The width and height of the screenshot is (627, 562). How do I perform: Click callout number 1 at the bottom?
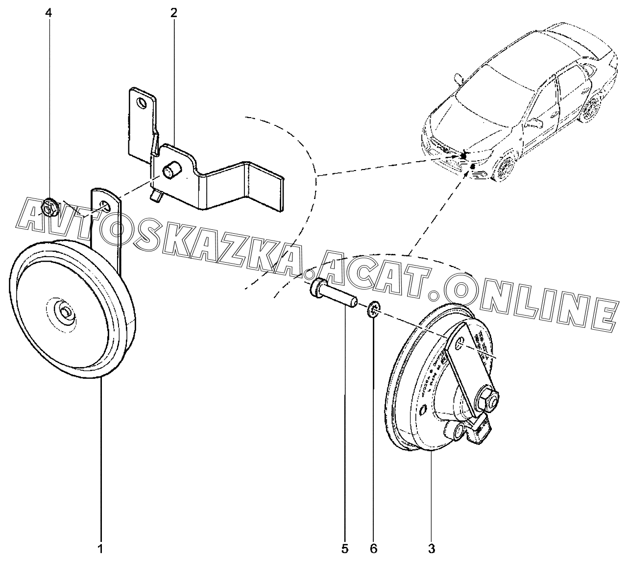pyautogui.click(x=100, y=548)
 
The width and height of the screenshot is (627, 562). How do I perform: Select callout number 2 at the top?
pyautogui.click(x=173, y=13)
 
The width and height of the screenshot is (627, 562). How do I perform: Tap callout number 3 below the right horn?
pyautogui.click(x=432, y=548)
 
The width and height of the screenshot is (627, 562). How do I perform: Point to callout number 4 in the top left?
pyautogui.click(x=48, y=13)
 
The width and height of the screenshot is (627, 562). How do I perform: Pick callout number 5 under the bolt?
pyautogui.click(x=344, y=548)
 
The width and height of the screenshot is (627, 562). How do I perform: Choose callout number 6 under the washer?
pyautogui.click(x=374, y=548)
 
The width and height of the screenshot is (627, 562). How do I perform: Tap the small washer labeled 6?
pyautogui.click(x=374, y=310)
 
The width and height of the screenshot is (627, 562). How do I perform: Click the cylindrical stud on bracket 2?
pyautogui.click(x=171, y=172)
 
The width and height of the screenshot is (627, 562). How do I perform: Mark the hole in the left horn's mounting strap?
pyautogui.click(x=104, y=205)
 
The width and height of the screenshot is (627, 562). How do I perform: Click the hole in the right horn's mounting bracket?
pyautogui.click(x=460, y=346)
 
